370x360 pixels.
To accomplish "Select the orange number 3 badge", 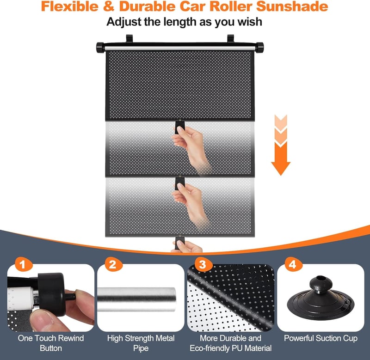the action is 203,264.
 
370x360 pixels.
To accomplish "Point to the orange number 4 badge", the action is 293,264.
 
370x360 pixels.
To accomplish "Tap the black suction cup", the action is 321,297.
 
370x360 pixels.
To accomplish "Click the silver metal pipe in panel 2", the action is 136,299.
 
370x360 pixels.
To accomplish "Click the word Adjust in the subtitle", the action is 123,22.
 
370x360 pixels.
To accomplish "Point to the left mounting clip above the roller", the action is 129,38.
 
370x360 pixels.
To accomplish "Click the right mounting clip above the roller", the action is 230,38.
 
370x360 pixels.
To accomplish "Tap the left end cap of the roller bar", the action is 100,48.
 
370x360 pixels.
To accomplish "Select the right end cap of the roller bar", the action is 259,48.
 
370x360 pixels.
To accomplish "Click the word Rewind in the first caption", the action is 71,338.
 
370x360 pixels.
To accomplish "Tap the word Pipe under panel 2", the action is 141,348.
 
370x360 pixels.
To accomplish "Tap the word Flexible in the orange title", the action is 70,6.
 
